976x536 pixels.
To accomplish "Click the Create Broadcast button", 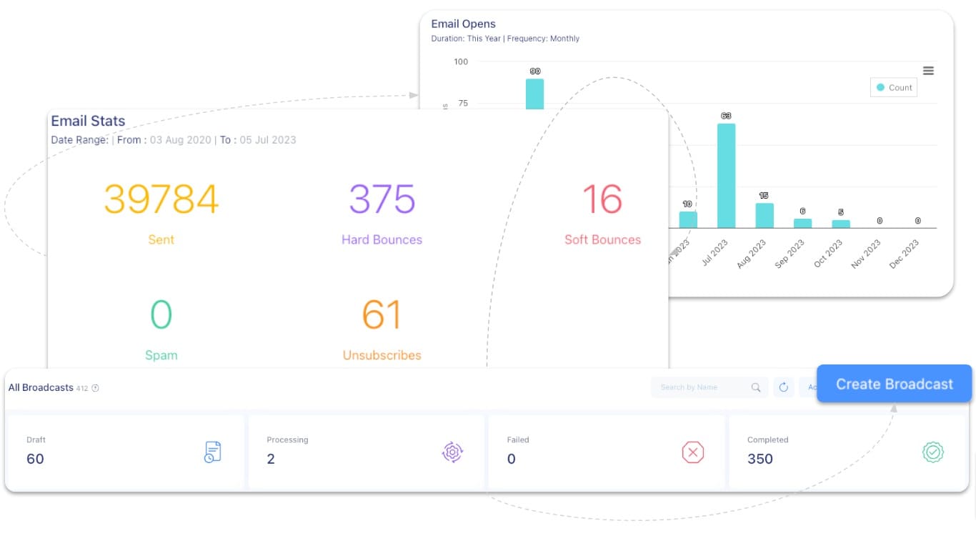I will pos(894,384).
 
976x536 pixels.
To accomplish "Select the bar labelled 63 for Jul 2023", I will pos(726,176).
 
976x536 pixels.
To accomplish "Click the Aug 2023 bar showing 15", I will pos(765,215).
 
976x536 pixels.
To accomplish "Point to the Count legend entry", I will pos(894,88).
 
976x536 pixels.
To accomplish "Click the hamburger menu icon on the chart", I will pos(928,71).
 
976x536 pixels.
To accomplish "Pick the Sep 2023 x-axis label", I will pos(790,254).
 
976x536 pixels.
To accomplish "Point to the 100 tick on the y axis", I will pos(461,61).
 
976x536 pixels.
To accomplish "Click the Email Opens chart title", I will pos(463,24).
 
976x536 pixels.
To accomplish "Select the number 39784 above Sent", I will pos(161,199).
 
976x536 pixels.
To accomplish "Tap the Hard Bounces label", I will pos(382,239).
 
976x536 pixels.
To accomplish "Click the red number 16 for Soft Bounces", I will pos(602,199).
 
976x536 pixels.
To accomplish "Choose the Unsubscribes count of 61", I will pos(382,315).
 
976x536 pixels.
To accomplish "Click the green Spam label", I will pos(161,355).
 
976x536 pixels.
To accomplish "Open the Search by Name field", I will pos(700,387).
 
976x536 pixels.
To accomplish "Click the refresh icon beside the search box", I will pos(783,387).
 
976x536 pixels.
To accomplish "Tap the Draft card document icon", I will pos(212,452).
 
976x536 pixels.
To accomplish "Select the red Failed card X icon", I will pos(692,452).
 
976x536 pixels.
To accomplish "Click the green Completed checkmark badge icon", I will pos(933,452).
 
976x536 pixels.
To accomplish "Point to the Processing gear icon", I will pos(452,452).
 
